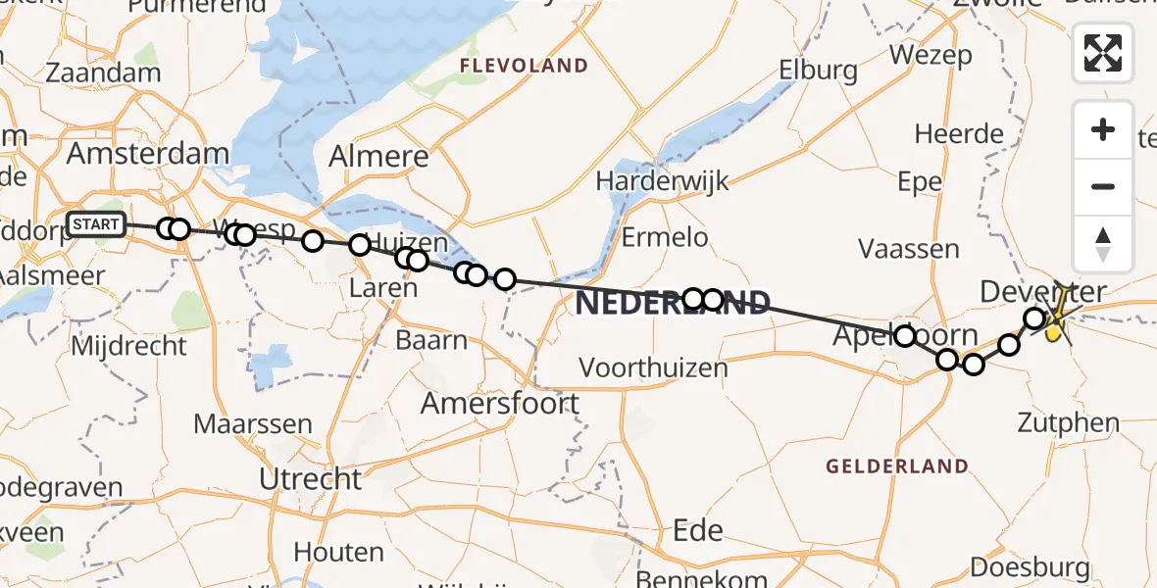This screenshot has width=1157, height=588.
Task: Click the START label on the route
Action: [x=96, y=225]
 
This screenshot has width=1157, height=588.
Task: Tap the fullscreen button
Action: [x=1103, y=53]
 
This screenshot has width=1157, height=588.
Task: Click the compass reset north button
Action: [x=1103, y=244]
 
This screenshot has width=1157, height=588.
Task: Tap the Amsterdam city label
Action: [x=147, y=154]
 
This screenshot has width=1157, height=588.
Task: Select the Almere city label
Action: [x=378, y=157]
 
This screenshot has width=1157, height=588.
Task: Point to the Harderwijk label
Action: [x=663, y=181]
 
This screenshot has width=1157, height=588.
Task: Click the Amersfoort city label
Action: [x=500, y=403]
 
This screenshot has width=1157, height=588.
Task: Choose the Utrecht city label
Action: [x=311, y=479]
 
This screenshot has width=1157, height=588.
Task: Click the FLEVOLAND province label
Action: [x=525, y=67]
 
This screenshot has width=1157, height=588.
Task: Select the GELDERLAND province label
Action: [x=897, y=466]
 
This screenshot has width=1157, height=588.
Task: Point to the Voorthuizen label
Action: [x=654, y=368]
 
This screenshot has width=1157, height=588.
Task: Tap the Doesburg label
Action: [x=1030, y=567]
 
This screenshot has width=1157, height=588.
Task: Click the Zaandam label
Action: [x=103, y=73]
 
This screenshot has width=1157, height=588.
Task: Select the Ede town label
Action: [x=698, y=531]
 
